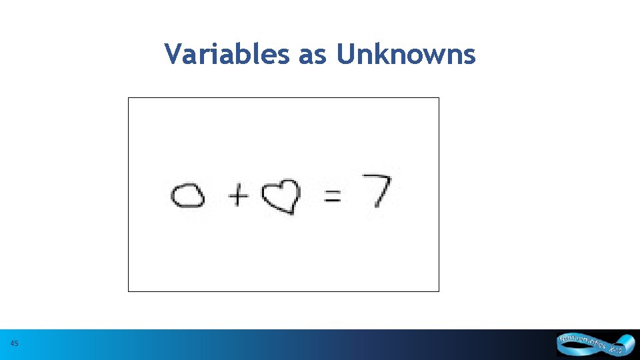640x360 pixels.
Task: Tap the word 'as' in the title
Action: [x=313, y=55]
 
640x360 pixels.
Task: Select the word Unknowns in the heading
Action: [x=406, y=54]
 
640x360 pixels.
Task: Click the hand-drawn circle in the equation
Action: [x=188, y=196]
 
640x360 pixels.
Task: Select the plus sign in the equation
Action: [x=238, y=195]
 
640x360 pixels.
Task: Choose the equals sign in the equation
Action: [x=332, y=195]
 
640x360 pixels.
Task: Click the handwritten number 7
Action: [x=377, y=191]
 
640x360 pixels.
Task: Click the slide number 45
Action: [x=15, y=344]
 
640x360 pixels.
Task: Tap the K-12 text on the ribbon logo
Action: [x=615, y=349]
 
